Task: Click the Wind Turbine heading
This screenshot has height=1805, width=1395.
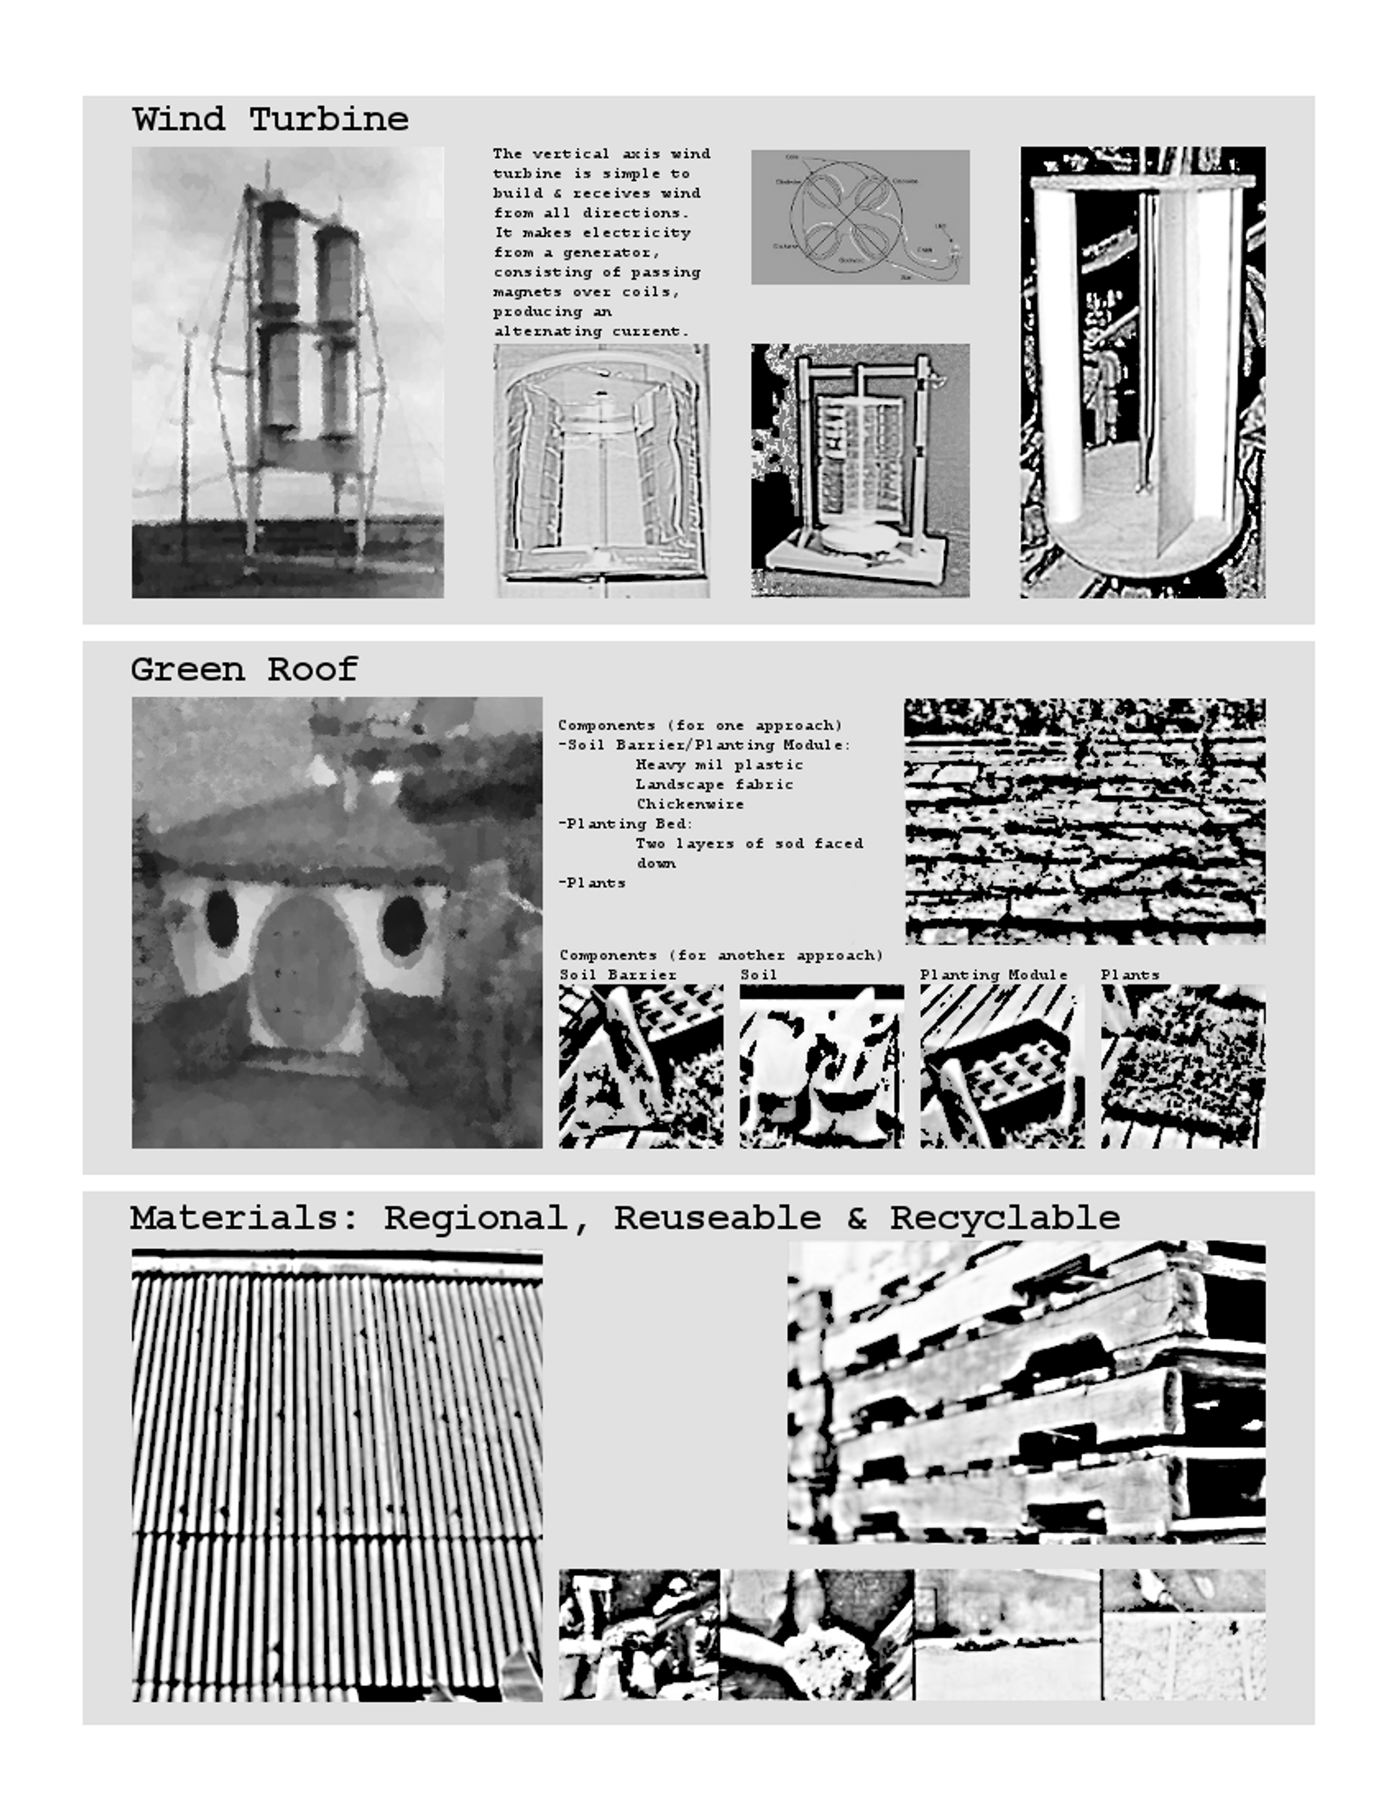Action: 270,120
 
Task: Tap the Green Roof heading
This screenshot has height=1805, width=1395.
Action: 245,669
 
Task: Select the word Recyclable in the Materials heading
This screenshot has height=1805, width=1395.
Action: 1005,1218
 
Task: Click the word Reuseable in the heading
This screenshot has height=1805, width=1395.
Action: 717,1218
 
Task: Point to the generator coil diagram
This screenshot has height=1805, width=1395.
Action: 859,217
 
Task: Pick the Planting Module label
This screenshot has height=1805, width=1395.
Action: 993,975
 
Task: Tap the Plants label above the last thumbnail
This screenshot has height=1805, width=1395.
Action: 1130,975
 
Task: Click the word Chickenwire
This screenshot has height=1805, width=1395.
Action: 689,804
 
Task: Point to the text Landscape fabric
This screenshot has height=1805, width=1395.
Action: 714,784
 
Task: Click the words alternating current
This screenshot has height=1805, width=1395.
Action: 591,331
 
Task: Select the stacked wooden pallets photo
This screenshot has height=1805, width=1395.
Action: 1026,1393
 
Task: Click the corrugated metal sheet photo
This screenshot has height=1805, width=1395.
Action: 336,1475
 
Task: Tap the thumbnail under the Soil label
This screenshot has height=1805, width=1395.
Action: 821,1066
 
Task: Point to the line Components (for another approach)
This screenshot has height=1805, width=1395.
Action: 720,956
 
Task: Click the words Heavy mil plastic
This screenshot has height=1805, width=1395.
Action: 719,765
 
